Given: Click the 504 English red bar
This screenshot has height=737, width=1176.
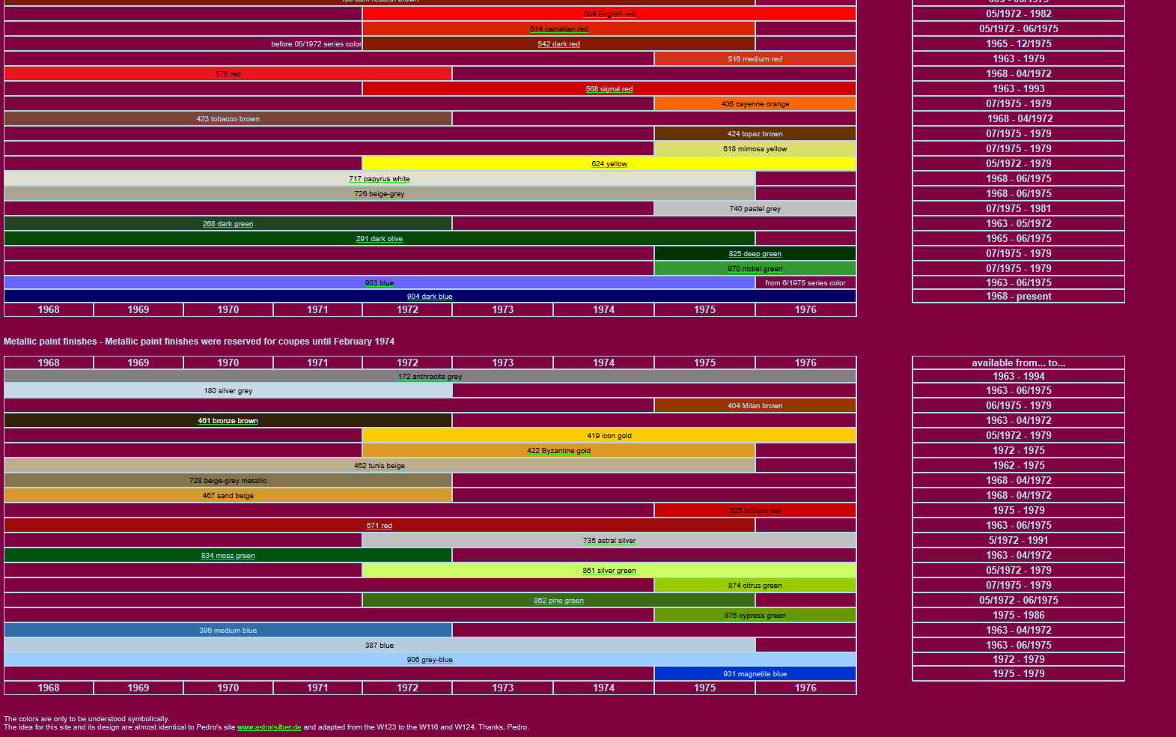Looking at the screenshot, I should pos(609,14).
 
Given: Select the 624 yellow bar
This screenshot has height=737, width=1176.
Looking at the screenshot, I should pos(609,164).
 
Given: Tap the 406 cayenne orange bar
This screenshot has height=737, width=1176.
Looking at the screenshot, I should pos(755,104).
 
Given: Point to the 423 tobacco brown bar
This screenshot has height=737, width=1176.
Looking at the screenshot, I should pos(228,119).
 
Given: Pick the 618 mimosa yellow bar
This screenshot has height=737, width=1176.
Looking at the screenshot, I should pos(755,149).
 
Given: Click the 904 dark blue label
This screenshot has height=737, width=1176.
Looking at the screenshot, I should pos(430,297).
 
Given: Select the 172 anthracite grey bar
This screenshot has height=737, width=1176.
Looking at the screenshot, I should pos(430,377).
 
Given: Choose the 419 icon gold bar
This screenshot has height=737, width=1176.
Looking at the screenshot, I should pos(609,436).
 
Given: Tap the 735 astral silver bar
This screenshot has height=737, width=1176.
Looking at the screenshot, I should pos(609,541).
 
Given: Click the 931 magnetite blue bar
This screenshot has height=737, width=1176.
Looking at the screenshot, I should pos(755,674).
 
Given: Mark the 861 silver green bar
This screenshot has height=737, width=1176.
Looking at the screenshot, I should pos(609,571).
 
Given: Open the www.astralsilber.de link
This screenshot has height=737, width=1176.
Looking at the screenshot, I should pos(269,727).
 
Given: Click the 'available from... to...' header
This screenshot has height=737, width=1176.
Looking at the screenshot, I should pos(1018,363).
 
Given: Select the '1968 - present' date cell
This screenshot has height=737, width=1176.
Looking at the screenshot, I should pos(1018,297).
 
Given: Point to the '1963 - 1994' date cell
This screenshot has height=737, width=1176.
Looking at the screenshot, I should pos(1018,377).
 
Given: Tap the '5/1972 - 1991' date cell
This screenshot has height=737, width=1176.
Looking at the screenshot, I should pos(1018,541).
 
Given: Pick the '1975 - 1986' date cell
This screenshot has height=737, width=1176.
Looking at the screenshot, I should pos(1018,616).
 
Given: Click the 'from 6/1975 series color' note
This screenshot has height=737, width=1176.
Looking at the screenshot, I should pos(805,283).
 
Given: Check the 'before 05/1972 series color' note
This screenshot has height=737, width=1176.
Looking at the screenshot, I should pos(317,44).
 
